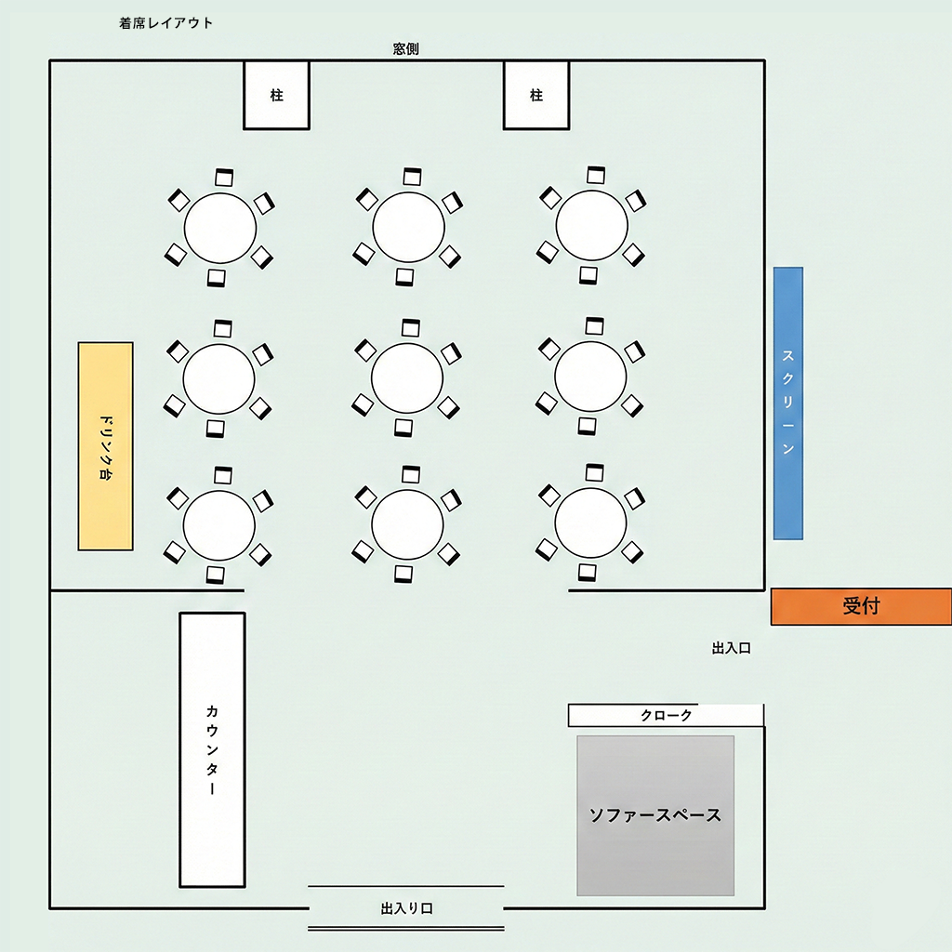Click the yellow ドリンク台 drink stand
click(105, 446)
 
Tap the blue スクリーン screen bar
click(788, 403)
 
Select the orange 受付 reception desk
click(861, 606)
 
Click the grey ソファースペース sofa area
click(655, 815)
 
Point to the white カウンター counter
click(212, 749)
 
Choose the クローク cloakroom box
click(666, 715)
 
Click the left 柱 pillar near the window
click(276, 95)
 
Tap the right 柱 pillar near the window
click(535, 95)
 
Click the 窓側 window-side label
click(406, 48)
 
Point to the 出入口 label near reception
click(731, 649)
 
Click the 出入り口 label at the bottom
click(406, 908)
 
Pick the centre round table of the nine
click(406, 377)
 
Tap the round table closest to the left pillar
click(220, 228)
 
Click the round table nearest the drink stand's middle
click(218, 377)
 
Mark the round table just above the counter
click(218, 525)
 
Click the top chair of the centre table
click(410, 327)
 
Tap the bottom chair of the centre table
click(403, 427)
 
